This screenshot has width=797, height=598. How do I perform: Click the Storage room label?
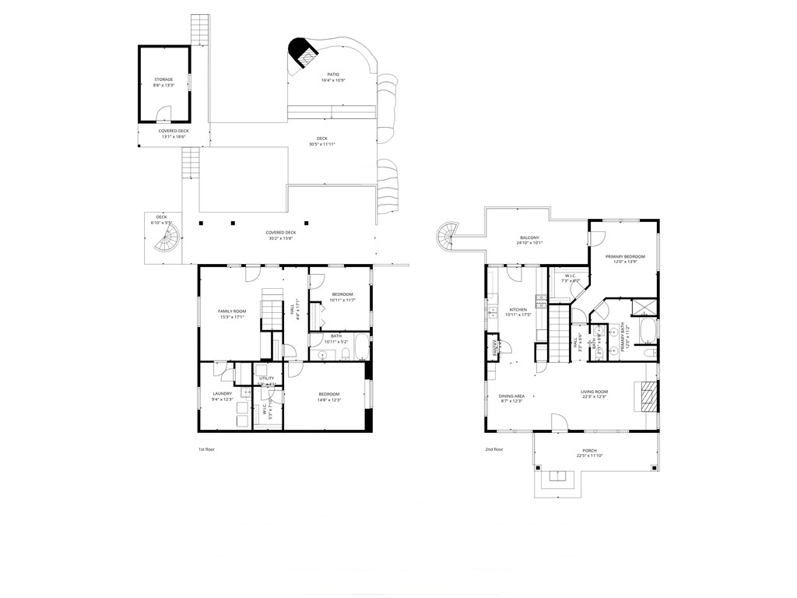[163, 79]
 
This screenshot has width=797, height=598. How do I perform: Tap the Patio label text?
[333, 75]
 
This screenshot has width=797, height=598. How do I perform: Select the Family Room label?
[232, 311]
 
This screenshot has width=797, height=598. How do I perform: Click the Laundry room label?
[222, 393]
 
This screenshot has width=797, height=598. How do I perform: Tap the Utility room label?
[266, 378]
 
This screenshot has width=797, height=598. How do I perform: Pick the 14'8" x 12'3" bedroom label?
[329, 395]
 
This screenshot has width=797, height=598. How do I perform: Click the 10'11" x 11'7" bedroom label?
[342, 294]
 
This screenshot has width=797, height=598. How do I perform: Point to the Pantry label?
[495, 348]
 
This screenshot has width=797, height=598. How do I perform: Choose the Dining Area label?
[511, 396]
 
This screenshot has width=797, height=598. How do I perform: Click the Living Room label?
[594, 392]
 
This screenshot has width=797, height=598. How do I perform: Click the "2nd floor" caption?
[495, 449]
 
